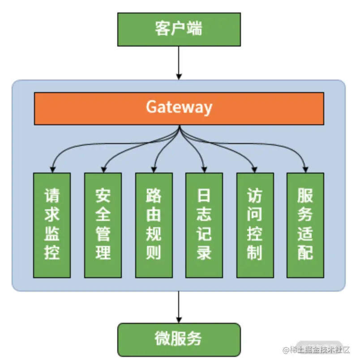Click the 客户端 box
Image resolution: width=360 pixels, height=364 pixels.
[x=179, y=30]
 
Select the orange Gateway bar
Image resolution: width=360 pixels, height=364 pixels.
[x=179, y=108]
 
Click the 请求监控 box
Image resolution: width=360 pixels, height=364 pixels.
[x=52, y=225]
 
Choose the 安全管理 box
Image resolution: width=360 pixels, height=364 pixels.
[x=103, y=225]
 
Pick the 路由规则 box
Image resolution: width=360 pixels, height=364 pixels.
[x=154, y=225]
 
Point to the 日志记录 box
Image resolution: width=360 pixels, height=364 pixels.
[x=204, y=225]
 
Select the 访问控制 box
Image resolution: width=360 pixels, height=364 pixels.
[x=254, y=225]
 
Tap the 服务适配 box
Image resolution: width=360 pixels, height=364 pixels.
[x=305, y=225]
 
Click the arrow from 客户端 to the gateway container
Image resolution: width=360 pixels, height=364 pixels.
[x=179, y=63]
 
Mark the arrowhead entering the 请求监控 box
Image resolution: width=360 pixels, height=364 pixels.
[x=52, y=169]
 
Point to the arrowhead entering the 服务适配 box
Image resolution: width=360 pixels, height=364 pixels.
[x=305, y=169]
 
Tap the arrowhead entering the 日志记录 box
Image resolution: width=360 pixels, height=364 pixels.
[x=204, y=169]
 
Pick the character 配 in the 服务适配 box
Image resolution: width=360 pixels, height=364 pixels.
[x=305, y=253]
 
